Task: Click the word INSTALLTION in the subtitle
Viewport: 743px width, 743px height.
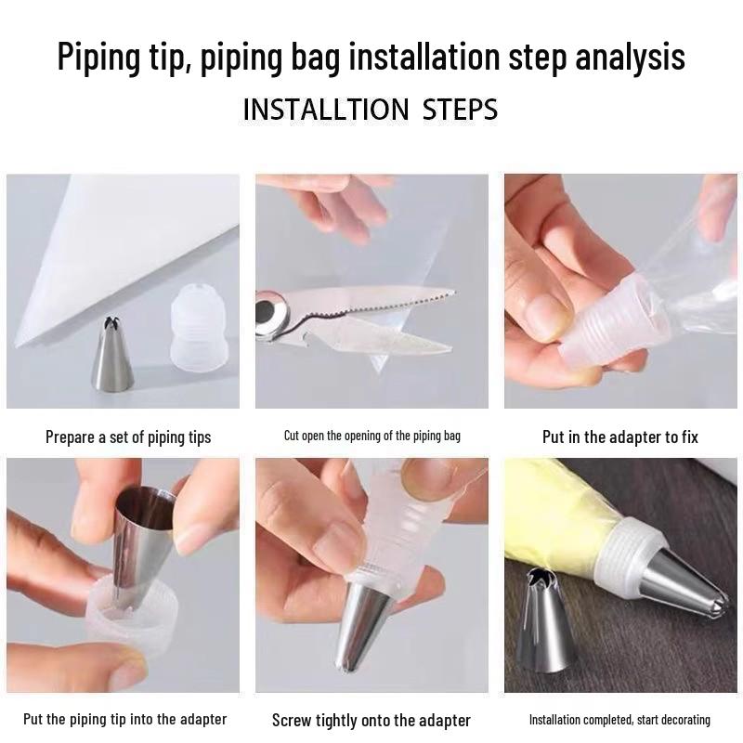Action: (325, 109)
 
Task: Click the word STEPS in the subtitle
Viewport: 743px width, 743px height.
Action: (460, 109)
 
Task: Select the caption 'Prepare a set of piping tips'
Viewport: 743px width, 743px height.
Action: (128, 437)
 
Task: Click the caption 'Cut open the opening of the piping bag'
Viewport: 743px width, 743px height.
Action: (371, 436)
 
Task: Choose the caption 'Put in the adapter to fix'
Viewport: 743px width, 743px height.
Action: (619, 437)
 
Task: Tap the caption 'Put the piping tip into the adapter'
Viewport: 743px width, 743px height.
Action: (124, 719)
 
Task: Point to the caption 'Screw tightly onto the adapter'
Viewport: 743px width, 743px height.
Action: (371, 720)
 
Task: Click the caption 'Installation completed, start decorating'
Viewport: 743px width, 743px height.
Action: (619, 720)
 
